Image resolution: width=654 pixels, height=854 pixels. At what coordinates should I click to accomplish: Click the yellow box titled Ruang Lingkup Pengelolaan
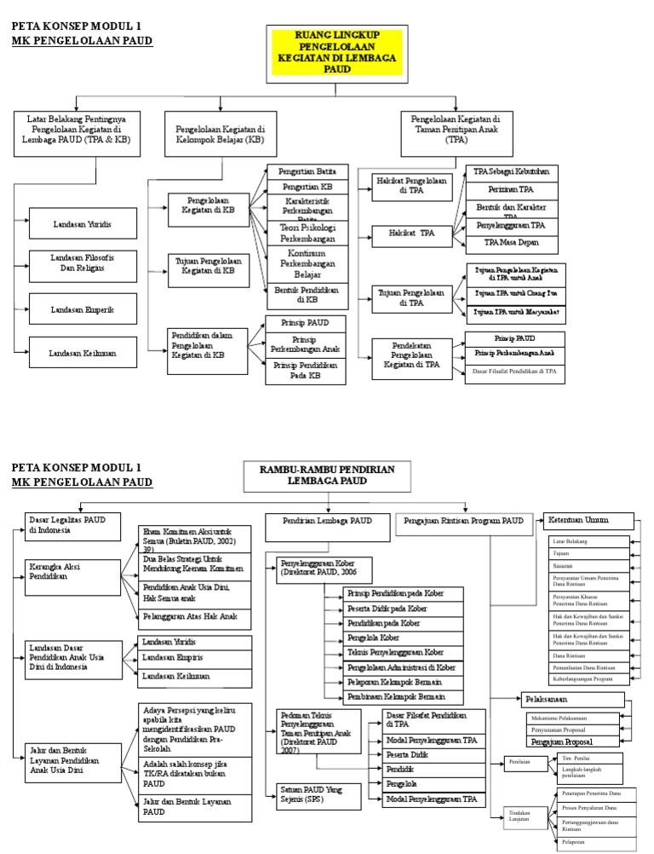point(326,54)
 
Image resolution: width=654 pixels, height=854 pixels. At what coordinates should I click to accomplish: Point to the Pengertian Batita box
point(307,172)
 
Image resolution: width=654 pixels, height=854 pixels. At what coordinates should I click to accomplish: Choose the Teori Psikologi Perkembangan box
point(307,233)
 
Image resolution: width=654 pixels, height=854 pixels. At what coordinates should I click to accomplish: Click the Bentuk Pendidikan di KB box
point(307,295)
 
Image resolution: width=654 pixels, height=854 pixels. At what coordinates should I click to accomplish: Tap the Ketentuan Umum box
point(588,520)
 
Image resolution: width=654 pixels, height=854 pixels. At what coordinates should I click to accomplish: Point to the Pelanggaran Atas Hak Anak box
point(196,616)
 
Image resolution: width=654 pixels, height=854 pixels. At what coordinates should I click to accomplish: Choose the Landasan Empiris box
point(196,658)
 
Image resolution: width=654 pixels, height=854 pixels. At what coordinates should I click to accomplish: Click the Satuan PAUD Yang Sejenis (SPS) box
point(309,795)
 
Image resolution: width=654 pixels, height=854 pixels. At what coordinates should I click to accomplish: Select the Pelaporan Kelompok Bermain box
point(393,683)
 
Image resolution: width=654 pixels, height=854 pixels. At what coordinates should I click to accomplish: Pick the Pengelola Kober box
point(393,638)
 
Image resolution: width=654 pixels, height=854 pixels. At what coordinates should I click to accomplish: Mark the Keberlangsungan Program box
point(588,678)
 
